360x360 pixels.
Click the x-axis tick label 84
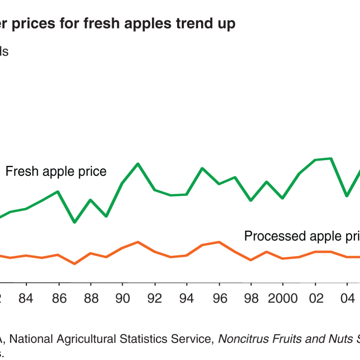point(27,298)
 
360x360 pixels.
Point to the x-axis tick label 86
point(58,298)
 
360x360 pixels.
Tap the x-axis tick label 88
point(90,298)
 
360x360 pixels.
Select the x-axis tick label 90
point(122,298)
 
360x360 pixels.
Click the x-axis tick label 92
point(154,298)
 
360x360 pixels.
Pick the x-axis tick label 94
point(186,298)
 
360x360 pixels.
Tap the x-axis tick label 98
point(251,298)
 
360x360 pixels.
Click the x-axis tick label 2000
point(283,298)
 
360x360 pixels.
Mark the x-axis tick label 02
point(315,298)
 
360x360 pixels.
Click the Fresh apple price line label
point(56,171)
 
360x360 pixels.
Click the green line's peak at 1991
point(138,164)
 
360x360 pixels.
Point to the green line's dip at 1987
point(75,222)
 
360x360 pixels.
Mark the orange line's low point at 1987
point(75,264)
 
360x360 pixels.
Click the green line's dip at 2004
point(347,195)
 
